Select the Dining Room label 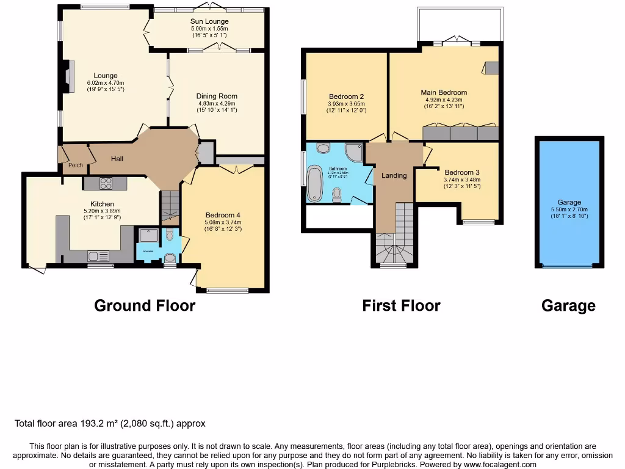click(x=217, y=96)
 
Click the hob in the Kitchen click(x=105, y=183)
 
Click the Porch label click(x=75, y=165)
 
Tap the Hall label click(x=117, y=159)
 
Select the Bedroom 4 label click(x=223, y=215)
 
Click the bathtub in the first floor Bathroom click(x=315, y=184)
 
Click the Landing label click(x=394, y=176)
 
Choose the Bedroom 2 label click(x=346, y=96)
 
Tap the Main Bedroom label click(x=444, y=93)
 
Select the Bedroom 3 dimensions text click(x=462, y=183)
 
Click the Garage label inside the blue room click(x=569, y=202)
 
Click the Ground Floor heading click(x=145, y=305)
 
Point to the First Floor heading click(x=401, y=305)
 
